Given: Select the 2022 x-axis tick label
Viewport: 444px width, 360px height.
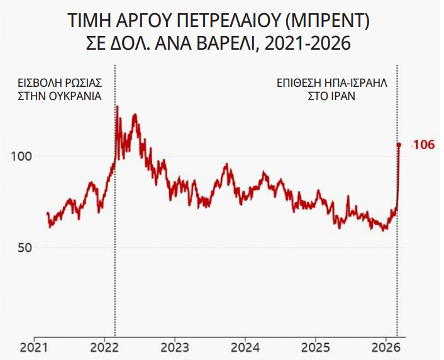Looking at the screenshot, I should [x=105, y=347].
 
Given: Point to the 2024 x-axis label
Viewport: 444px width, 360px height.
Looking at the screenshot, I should [x=245, y=347].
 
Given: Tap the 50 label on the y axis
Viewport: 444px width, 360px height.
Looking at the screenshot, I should [x=25, y=247].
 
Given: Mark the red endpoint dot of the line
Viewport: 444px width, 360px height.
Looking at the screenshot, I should [x=399, y=145].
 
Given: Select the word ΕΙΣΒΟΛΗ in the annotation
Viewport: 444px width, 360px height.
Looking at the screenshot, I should [x=37, y=83].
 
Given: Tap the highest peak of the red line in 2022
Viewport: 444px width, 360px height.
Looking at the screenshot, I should [x=118, y=106].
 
